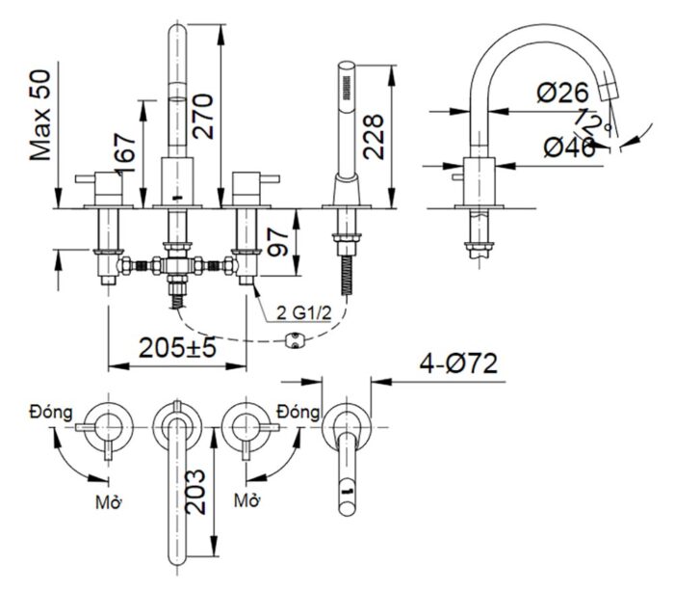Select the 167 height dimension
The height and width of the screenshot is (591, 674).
(124, 148)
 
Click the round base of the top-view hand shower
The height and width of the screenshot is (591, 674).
(346, 423)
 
